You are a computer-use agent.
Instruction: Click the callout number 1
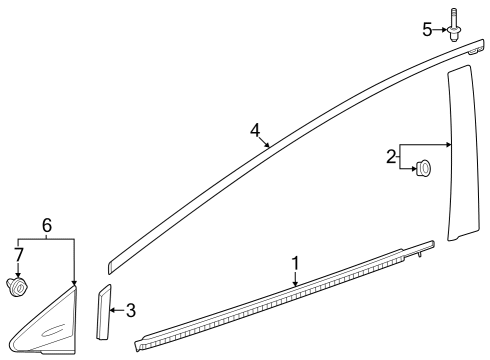click(x=295, y=262)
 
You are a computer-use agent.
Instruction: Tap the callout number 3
click(x=130, y=310)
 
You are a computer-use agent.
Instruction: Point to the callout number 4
click(x=255, y=130)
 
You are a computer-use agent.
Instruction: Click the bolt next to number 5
click(x=455, y=26)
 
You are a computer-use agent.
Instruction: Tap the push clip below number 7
click(x=17, y=289)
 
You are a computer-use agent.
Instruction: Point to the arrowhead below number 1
click(x=296, y=284)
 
